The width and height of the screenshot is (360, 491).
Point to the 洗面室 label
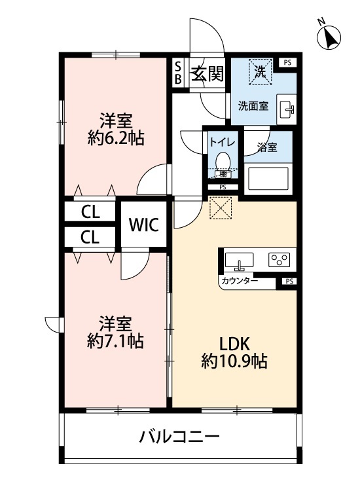tap(252, 106)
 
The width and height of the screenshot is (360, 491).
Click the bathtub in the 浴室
tap(267, 179)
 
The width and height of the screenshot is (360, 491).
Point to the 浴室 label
tap(266, 147)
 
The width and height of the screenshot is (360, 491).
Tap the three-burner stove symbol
tap(279, 260)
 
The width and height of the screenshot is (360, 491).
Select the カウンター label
tap(240, 282)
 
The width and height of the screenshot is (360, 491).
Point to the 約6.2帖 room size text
tap(116, 130)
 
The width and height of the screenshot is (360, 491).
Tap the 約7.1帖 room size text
tap(116, 332)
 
